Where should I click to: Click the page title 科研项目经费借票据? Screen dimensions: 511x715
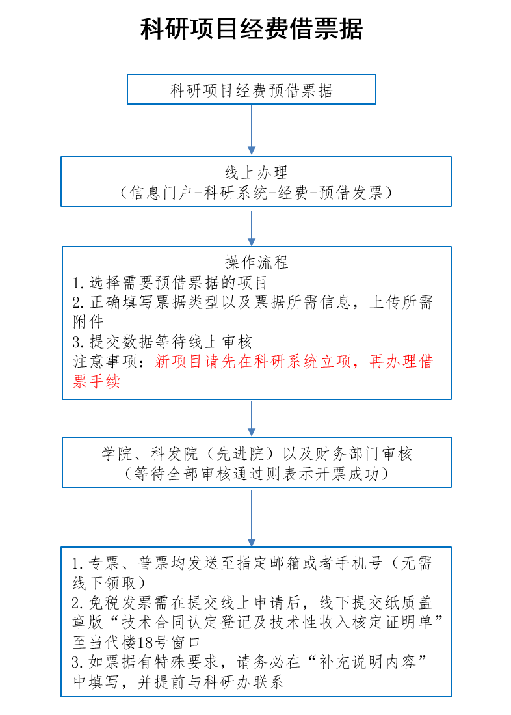251,29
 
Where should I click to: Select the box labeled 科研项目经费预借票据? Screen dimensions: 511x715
251,89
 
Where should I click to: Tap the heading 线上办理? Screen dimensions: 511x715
256,172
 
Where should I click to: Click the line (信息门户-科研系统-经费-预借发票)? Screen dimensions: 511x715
256,193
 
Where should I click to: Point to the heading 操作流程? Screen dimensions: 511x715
256,262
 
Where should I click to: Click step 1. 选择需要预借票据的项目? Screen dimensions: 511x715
170,283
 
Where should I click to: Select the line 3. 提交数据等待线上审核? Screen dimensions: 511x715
162,342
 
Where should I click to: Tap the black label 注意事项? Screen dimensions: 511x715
105,362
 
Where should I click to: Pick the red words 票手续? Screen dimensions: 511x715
96,381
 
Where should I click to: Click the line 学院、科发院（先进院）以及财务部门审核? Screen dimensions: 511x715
257,453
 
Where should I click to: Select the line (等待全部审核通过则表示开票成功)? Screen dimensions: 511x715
257,474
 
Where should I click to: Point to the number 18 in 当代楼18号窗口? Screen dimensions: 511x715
145,642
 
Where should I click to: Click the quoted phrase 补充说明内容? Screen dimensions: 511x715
367,662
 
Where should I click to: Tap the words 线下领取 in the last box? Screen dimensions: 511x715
104,583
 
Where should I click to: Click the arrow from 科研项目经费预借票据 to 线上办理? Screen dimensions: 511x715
251,129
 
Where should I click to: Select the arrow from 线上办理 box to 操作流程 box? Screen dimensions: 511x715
251,226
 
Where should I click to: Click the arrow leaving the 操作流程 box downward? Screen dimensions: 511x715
251,418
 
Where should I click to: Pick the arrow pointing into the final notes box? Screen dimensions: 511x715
251,517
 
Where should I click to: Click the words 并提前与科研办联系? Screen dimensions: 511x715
211,682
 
